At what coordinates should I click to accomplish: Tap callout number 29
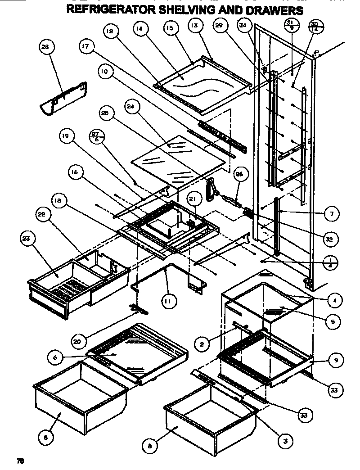(x=219, y=27)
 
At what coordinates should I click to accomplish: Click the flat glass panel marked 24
(x=180, y=160)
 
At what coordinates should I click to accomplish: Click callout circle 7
(x=331, y=214)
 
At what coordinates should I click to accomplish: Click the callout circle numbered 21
(x=193, y=200)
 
